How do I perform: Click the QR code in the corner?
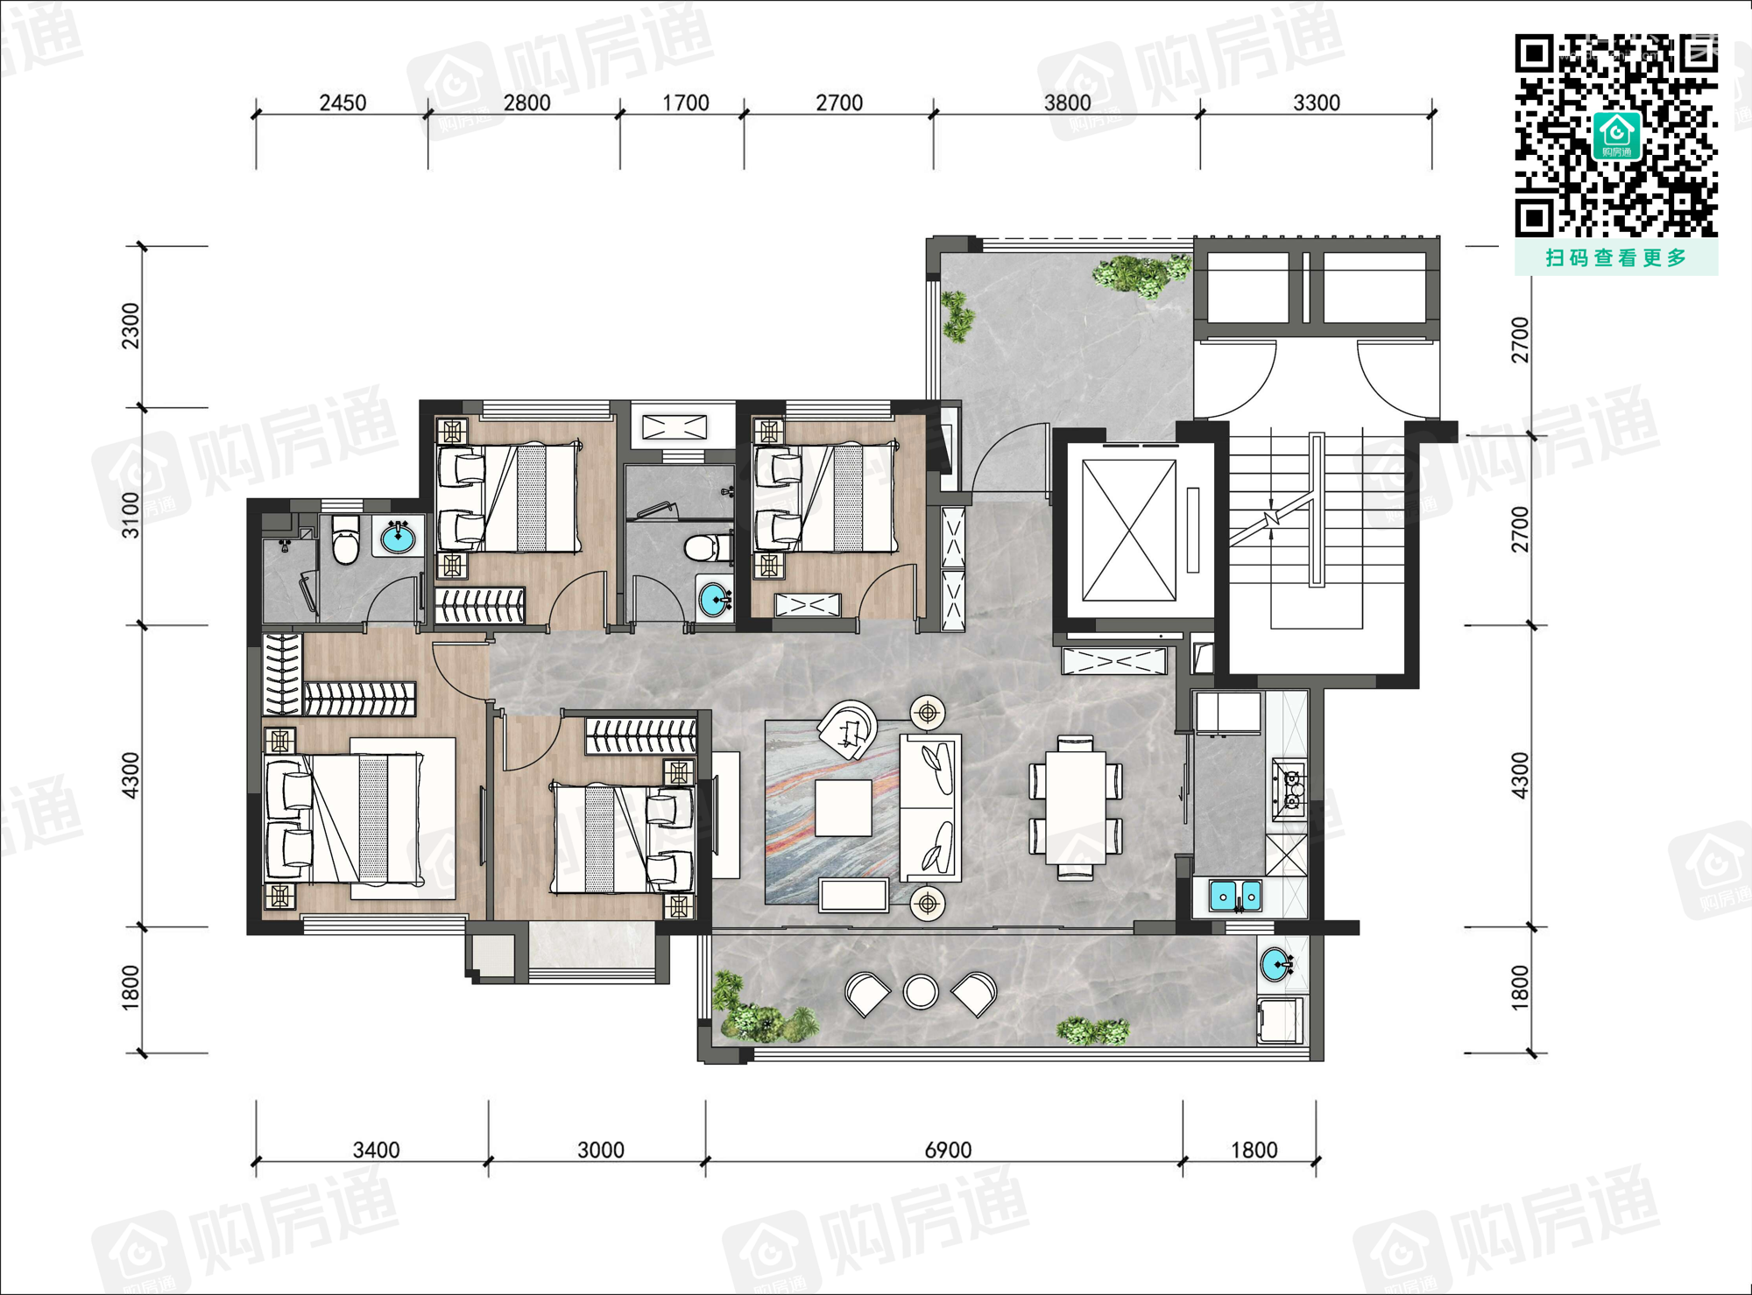1616,136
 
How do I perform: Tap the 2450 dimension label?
343,103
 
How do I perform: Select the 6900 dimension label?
948,1150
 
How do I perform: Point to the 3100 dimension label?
131,515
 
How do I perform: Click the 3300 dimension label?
1317,103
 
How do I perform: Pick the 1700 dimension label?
685,103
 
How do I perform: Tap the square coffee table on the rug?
843,808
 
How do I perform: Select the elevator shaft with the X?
1129,531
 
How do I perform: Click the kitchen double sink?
1235,897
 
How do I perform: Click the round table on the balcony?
921,992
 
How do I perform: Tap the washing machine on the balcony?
1281,1021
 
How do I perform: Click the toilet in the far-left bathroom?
346,540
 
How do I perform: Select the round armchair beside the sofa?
848,729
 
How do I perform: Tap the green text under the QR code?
1616,257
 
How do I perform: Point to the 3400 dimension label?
376,1150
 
